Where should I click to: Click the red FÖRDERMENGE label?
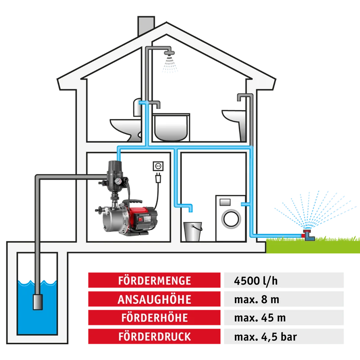pyautogui.click(x=154, y=280)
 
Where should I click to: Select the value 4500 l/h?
pyautogui.click(x=256, y=281)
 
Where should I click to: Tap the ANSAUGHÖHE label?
pyautogui.click(x=154, y=299)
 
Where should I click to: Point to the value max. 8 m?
pyautogui.click(x=256, y=300)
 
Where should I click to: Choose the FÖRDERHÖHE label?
pyautogui.click(x=154, y=318)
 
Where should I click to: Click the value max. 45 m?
pyautogui.click(x=260, y=318)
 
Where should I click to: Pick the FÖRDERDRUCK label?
pyautogui.click(x=154, y=336)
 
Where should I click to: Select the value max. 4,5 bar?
pyautogui.click(x=265, y=337)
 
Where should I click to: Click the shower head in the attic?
pyautogui.click(x=169, y=53)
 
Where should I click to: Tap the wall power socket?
pyautogui.click(x=158, y=166)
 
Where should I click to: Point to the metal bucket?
pyautogui.click(x=193, y=231)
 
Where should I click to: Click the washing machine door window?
pyautogui.click(x=231, y=219)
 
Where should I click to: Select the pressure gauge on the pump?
pyautogui.click(x=118, y=181)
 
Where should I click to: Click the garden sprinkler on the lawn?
pyautogui.click(x=308, y=235)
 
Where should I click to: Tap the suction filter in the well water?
pyautogui.click(x=38, y=302)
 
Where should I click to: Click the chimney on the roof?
pyautogui.click(x=146, y=25)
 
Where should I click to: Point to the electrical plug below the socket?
pyautogui.click(x=158, y=178)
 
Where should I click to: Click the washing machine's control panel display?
pyautogui.click(x=225, y=202)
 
